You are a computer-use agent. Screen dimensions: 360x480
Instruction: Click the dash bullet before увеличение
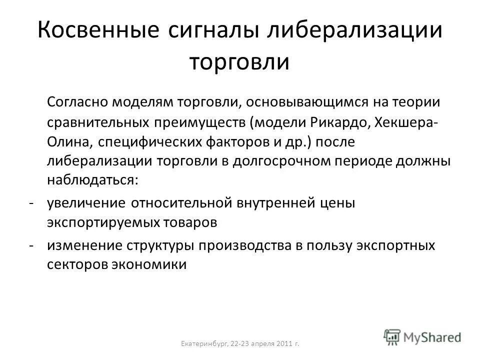click(31, 203)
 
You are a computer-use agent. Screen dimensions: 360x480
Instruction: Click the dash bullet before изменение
click(31, 245)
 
